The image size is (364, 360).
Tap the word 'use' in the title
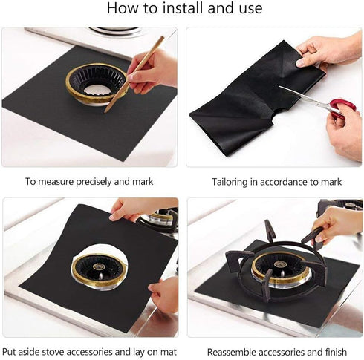point(244,9)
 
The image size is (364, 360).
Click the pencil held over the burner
point(134,74)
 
